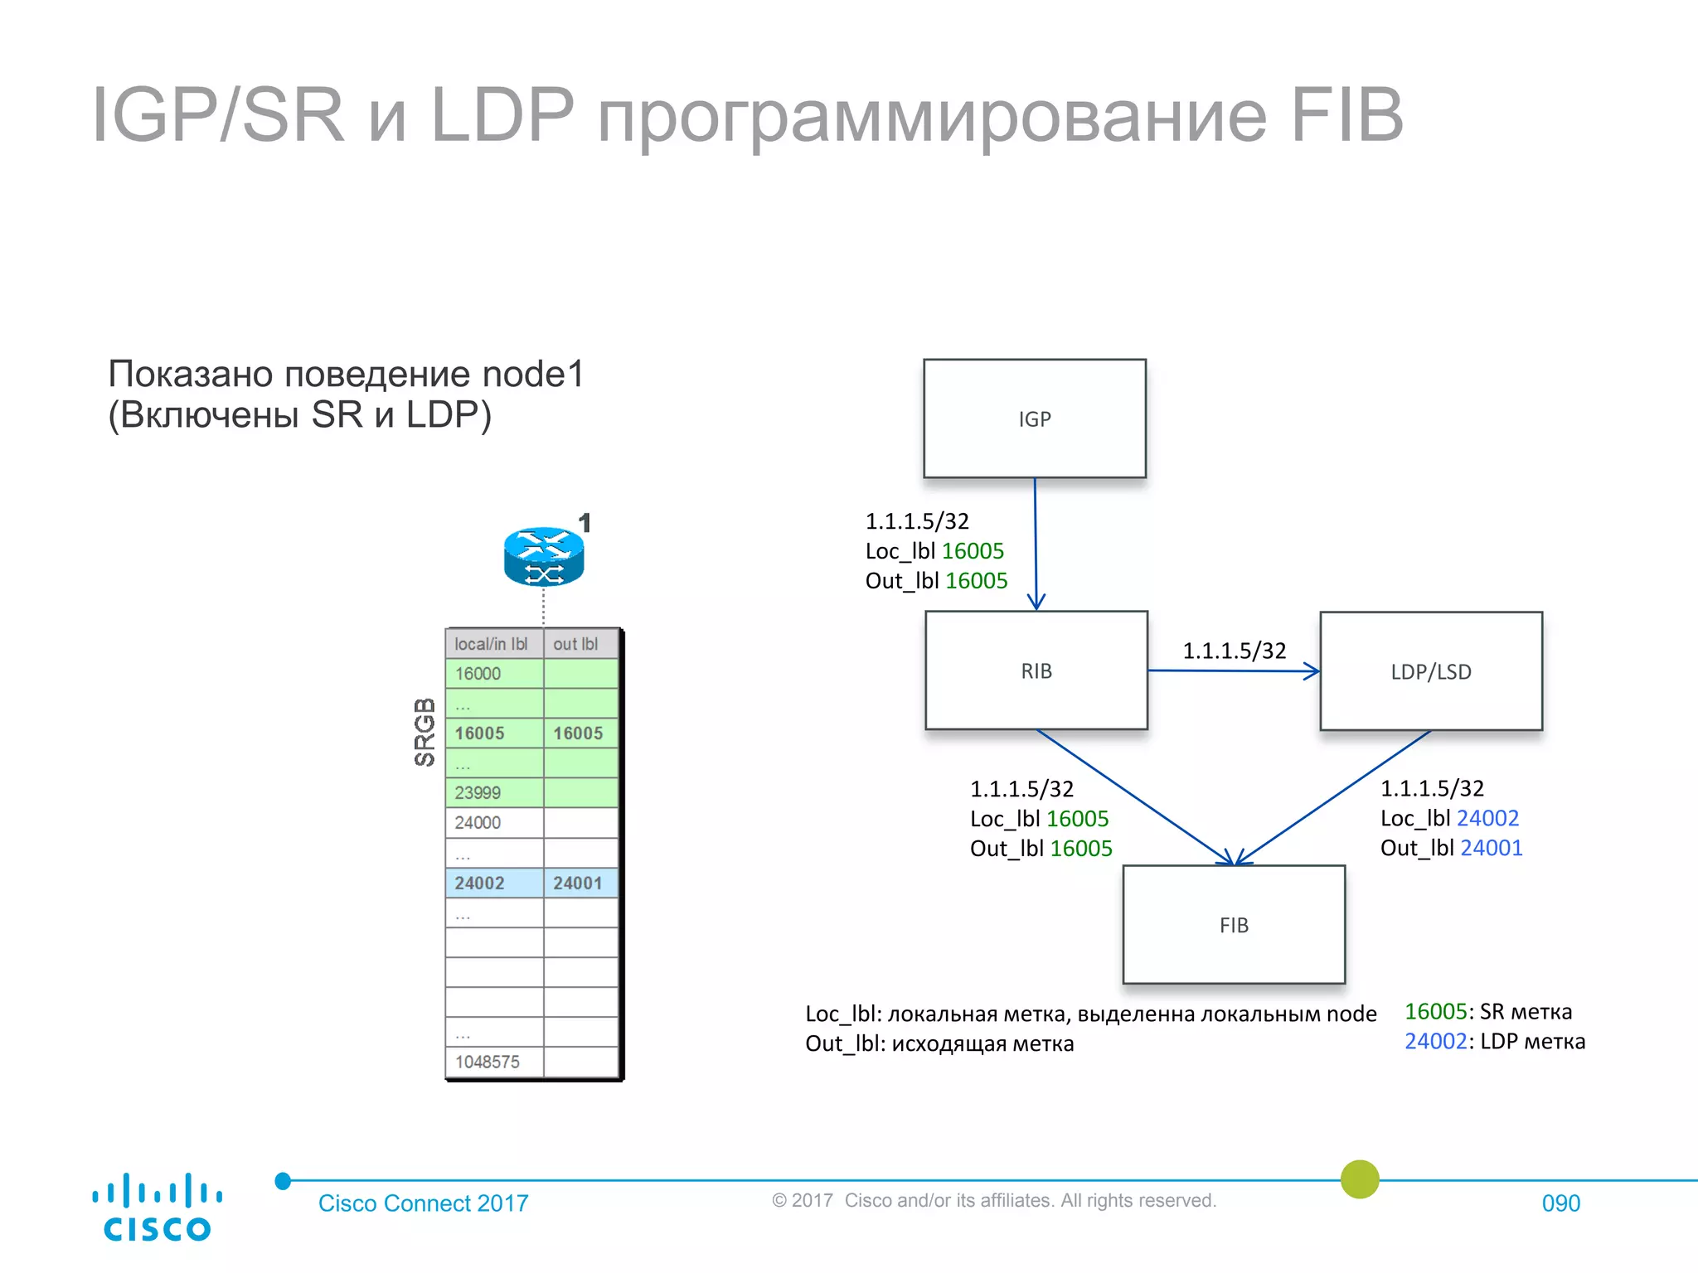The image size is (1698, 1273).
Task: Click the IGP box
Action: click(1035, 419)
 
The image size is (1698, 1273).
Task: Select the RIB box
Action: click(1036, 670)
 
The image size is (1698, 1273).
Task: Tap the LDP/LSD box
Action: click(1431, 671)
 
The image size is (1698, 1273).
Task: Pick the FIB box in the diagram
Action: click(1234, 925)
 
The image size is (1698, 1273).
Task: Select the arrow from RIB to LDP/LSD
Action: click(1233, 670)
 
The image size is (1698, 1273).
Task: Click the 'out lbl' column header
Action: click(580, 644)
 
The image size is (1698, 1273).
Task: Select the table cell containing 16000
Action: click(493, 674)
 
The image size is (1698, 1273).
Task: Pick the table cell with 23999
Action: click(493, 793)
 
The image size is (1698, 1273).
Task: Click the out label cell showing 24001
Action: click(580, 883)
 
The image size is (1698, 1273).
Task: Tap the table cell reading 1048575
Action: click(493, 1062)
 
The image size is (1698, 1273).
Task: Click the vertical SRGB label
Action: click(424, 732)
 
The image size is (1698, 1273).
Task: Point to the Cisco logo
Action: click(157, 1208)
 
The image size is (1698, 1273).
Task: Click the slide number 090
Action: click(1560, 1203)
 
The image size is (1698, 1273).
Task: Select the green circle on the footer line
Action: click(1360, 1179)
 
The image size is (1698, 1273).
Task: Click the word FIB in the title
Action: click(1346, 115)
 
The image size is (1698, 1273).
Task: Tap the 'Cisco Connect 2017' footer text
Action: click(423, 1203)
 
